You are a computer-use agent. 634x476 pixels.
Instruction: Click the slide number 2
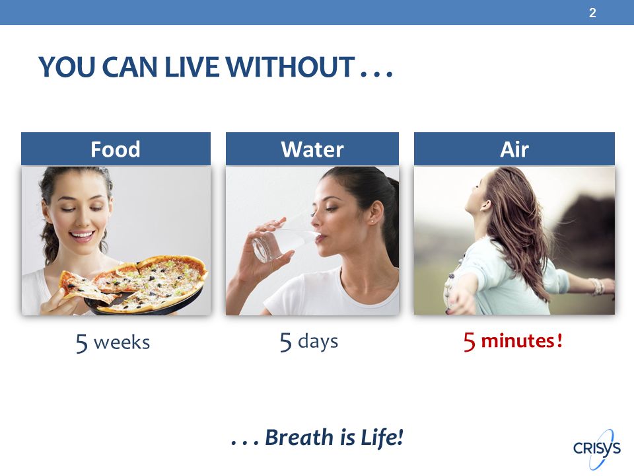point(592,13)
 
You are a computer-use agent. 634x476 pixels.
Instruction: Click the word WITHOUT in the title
point(289,67)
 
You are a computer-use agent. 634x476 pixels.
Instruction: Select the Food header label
point(116,149)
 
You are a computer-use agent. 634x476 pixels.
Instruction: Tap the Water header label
point(312,149)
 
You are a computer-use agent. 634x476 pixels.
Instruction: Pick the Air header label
point(514,149)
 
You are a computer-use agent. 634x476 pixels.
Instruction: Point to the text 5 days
point(309,342)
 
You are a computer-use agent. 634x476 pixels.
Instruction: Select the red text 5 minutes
point(512,341)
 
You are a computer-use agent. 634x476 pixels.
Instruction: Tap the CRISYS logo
point(597,448)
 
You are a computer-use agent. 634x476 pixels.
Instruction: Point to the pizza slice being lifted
point(87,286)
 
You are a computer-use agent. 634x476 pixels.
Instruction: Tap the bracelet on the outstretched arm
point(597,286)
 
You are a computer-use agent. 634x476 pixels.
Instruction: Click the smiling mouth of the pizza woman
point(83,235)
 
